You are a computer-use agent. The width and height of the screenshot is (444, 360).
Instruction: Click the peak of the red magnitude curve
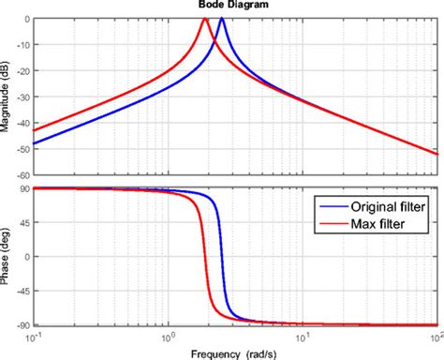pyautogui.click(x=205, y=20)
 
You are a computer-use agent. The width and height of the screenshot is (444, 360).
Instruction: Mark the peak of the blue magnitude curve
pyautogui.click(x=222, y=20)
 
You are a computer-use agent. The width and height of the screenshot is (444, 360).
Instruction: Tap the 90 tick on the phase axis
pyautogui.click(x=23, y=188)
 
